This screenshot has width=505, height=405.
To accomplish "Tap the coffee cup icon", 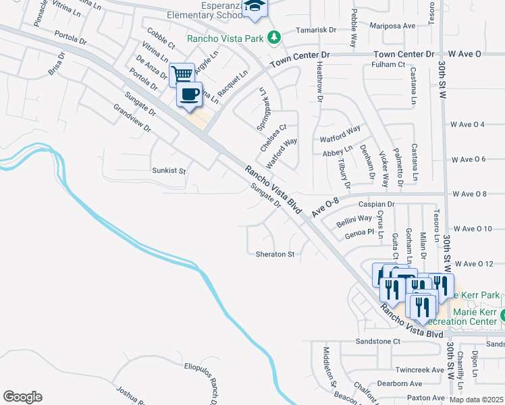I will [190, 94].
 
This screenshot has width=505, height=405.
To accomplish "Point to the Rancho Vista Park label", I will [225, 38].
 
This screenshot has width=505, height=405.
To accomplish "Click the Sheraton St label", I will [275, 254].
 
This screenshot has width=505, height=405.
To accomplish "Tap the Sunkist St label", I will [168, 171].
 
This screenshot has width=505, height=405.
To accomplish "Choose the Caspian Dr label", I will [376, 203].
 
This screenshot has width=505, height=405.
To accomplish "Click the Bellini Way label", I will [354, 218].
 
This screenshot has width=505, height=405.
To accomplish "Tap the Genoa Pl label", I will [359, 232].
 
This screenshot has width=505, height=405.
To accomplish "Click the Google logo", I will [22, 397].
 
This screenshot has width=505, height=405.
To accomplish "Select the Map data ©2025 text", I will [477, 400].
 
